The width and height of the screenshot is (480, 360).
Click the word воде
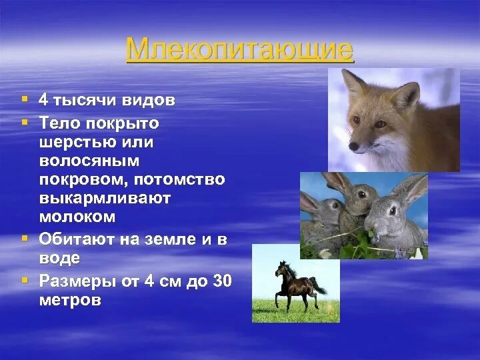pos(59,258)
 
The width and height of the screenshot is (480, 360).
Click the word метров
pos(70,300)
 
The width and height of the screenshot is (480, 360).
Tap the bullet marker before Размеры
pos(25,279)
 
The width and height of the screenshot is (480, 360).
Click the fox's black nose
pos(352,147)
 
